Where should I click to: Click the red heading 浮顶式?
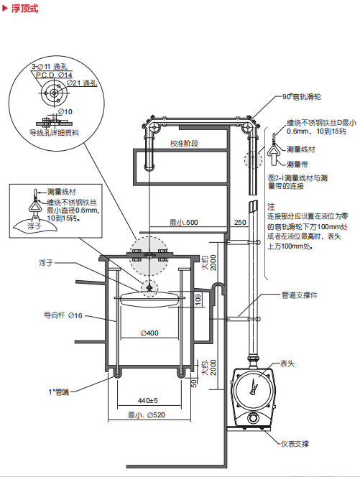[x=24, y=8]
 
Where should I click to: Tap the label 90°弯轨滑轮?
[x=302, y=97]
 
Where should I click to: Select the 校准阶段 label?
[x=184, y=143]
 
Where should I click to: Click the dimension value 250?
[x=240, y=223]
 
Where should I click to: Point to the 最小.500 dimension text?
[x=184, y=223]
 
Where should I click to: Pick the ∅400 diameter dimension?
[x=149, y=333]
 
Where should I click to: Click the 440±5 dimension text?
[x=148, y=401]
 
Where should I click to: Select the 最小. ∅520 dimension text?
[x=147, y=415]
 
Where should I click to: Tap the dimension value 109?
[x=198, y=300]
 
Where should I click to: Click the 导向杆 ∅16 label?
[x=63, y=315]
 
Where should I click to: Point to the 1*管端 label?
[x=59, y=392]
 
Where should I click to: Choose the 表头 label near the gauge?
[x=287, y=363]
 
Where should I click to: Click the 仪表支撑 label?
[x=295, y=444]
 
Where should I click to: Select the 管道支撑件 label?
[x=300, y=295]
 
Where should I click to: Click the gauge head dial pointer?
[x=253, y=387]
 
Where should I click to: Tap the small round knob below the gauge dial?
[x=252, y=418]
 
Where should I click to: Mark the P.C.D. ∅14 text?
[x=54, y=75]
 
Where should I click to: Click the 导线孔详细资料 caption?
[x=54, y=133]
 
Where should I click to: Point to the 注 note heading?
[x=271, y=207]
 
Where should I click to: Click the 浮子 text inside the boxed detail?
[x=34, y=226]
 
